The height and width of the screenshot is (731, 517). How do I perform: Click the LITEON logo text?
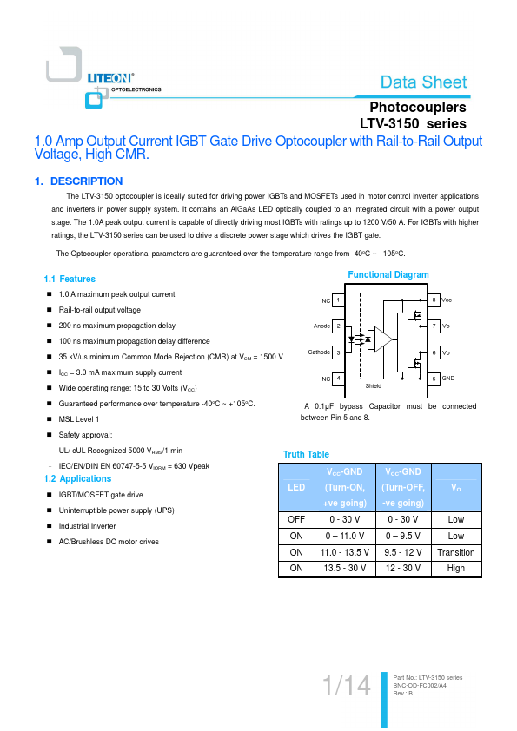[x=110, y=78]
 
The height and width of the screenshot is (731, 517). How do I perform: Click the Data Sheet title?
[x=423, y=82]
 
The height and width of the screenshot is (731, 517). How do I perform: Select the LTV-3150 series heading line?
[x=413, y=123]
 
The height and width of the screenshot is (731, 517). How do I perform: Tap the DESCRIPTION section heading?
[x=86, y=181]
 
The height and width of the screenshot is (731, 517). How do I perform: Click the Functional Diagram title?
[x=388, y=274]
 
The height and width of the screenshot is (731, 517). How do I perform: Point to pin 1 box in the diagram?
[x=338, y=300]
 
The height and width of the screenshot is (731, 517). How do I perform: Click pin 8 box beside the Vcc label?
[x=434, y=300]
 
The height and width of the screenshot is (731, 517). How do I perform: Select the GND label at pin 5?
[x=448, y=378]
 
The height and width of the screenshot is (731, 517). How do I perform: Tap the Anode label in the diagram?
[x=322, y=326]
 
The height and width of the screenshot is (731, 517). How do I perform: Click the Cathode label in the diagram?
[x=319, y=352]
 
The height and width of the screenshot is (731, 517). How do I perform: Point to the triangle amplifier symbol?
[x=383, y=339]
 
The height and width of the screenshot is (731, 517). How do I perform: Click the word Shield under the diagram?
[x=374, y=386]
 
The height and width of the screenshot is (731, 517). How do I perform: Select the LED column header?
[x=296, y=487]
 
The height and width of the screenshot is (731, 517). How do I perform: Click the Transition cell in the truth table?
[x=456, y=552]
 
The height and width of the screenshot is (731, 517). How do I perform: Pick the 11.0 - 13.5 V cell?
[x=345, y=552]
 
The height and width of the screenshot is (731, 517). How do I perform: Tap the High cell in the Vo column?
[x=456, y=569]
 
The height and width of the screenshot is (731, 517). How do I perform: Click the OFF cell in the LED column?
[x=296, y=519]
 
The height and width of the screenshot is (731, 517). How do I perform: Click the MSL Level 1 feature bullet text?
[x=79, y=419]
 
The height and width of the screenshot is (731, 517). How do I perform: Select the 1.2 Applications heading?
[x=77, y=478]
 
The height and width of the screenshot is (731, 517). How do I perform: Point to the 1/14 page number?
[x=347, y=685]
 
